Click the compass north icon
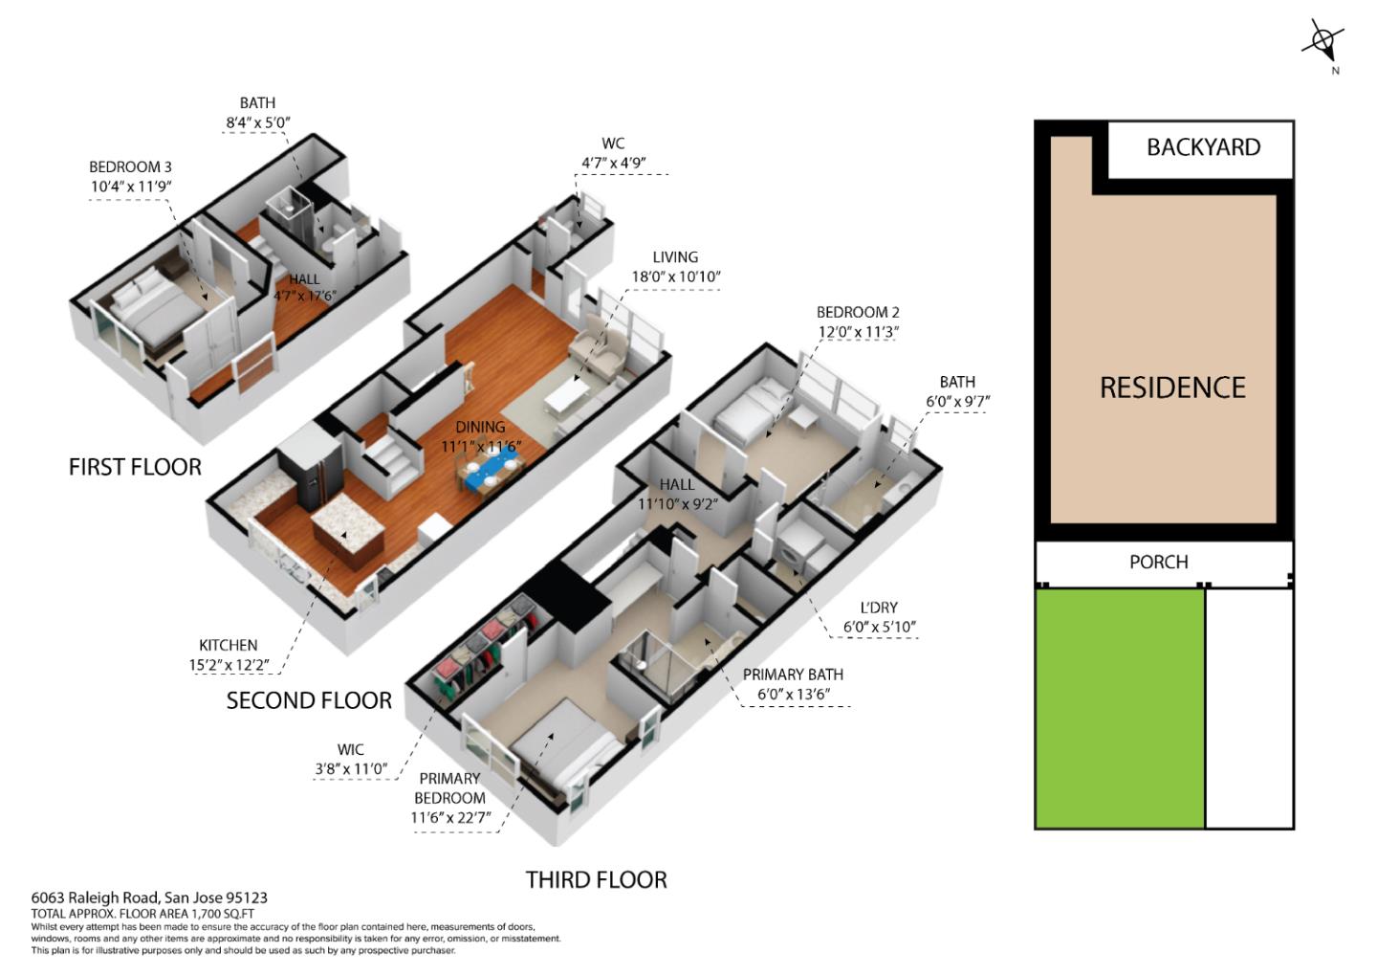click(1323, 43)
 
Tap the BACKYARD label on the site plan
click(1203, 147)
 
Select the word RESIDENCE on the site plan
click(1172, 387)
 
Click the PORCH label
click(1158, 562)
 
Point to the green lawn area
click(1119, 708)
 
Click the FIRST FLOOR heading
click(135, 467)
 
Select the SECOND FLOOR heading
click(309, 700)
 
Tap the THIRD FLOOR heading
click(596, 879)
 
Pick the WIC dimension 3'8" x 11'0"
click(351, 768)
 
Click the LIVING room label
click(675, 256)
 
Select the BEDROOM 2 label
click(858, 312)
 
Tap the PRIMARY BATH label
click(793, 675)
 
